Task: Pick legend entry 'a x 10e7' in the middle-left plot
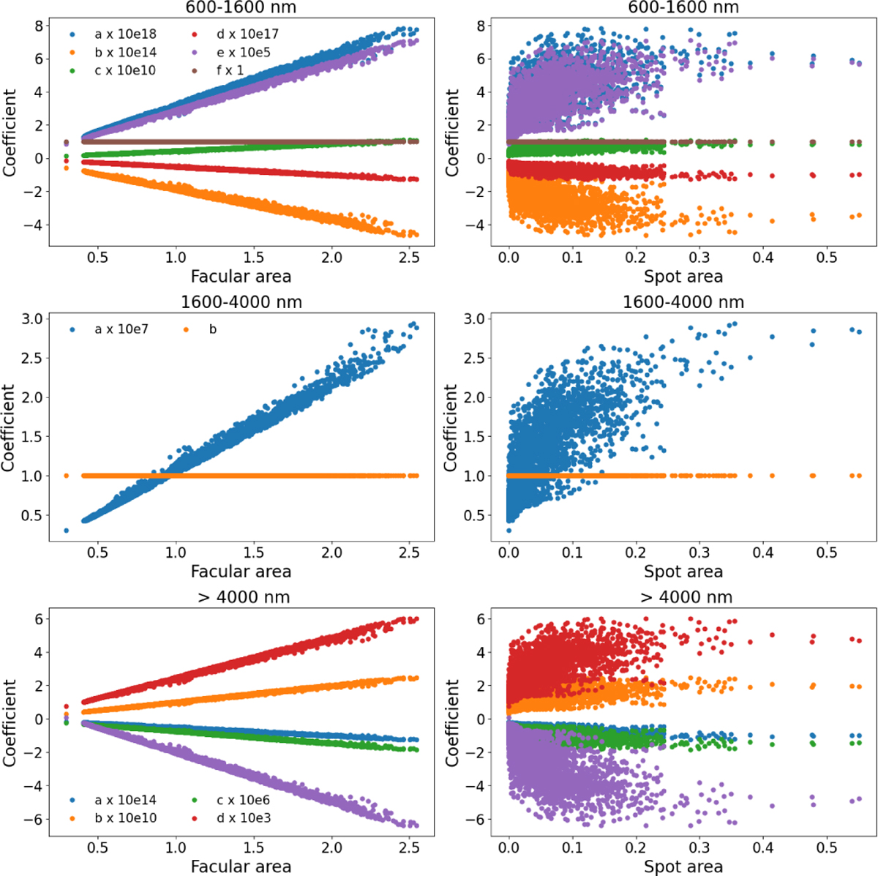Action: pyautogui.click(x=121, y=329)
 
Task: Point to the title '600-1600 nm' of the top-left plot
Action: pyautogui.click(x=241, y=8)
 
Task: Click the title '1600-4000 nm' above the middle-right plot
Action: pyautogui.click(x=683, y=302)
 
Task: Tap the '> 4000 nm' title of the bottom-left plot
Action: pyautogui.click(x=241, y=597)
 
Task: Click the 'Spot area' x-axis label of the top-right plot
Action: pyautogui.click(x=683, y=277)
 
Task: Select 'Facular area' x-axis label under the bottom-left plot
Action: pyautogui.click(x=241, y=866)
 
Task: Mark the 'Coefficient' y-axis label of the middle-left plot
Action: pyautogui.click(x=10, y=427)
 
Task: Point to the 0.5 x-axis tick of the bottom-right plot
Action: pyautogui.click(x=826, y=847)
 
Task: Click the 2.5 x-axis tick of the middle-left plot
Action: pyautogui.click(x=410, y=553)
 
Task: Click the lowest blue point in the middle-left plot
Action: pyautogui.click(x=67, y=531)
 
